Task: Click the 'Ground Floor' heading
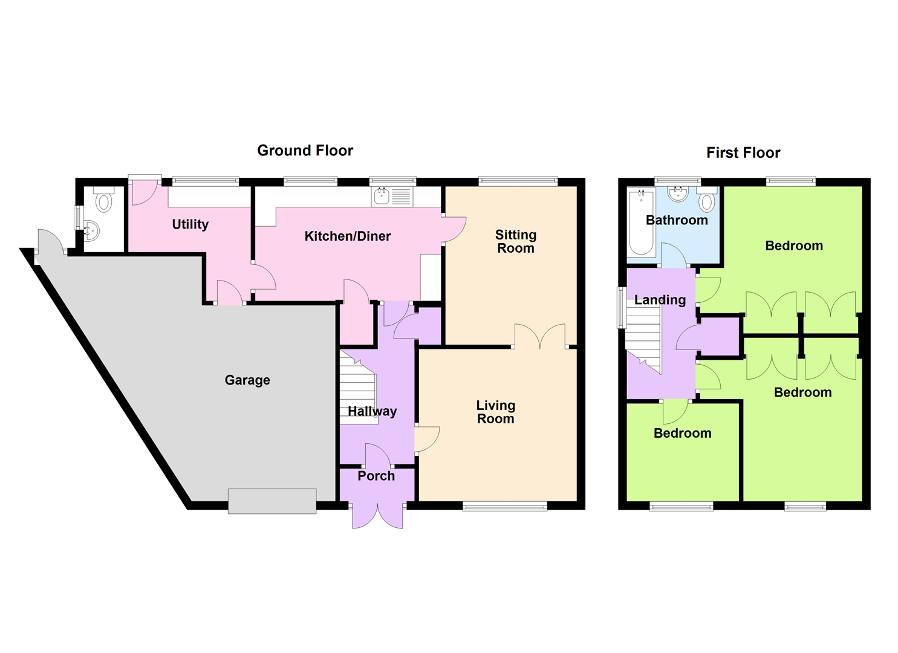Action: pos(305,151)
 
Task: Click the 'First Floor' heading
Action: pos(743,153)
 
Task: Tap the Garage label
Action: pos(247,380)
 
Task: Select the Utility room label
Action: pos(190,224)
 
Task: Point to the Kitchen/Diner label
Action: pos(347,236)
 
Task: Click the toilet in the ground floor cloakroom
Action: pos(104,201)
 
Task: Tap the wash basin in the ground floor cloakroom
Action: pos(91,230)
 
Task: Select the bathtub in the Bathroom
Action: pos(641,223)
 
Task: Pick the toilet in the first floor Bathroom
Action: pos(706,200)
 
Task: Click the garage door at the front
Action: pos(272,501)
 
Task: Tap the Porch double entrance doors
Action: pos(377,515)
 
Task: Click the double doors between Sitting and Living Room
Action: pos(540,337)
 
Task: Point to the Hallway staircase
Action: pos(358,387)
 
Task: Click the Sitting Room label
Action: pos(515,241)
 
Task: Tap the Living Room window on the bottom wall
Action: pos(505,507)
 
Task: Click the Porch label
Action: pos(376,476)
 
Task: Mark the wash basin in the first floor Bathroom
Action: pos(678,194)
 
